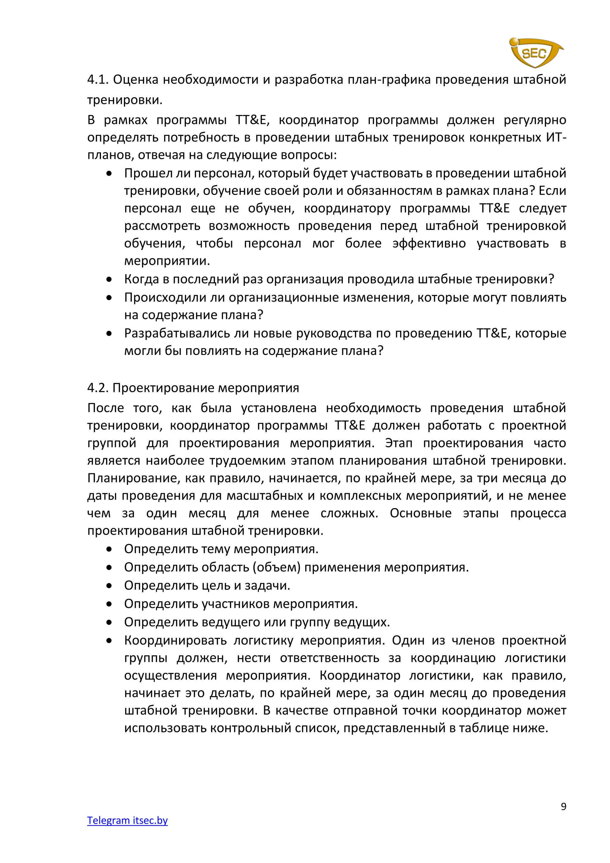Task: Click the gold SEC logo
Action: coord(535,53)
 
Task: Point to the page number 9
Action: coord(563,806)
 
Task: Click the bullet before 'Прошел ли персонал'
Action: coord(109,174)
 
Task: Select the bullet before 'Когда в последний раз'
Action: coord(109,280)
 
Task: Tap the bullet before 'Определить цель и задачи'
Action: coord(109,586)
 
